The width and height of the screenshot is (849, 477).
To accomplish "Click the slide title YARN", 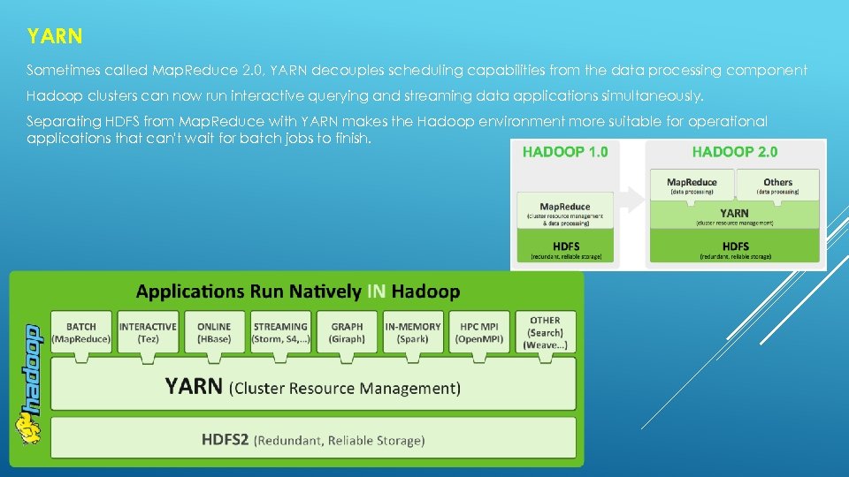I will click(55, 36).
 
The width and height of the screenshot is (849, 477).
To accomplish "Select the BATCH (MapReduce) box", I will click(81, 332).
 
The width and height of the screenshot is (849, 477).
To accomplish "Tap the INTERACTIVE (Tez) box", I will click(148, 332).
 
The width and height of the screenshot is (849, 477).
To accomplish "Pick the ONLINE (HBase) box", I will click(214, 332).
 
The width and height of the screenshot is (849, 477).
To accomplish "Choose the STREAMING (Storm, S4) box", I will click(280, 332).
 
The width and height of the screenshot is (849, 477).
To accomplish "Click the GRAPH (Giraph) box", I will click(347, 332).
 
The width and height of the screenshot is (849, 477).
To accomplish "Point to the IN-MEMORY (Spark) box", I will click(413, 332).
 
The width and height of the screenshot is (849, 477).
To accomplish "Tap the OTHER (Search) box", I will click(545, 332).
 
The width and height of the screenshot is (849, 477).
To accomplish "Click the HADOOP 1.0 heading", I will click(565, 152).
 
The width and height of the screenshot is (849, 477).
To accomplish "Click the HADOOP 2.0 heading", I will click(734, 152).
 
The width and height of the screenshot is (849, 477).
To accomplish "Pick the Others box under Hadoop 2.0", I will click(778, 185).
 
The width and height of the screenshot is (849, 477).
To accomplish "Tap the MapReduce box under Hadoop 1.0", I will click(565, 210).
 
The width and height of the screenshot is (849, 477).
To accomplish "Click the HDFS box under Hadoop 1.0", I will click(565, 249).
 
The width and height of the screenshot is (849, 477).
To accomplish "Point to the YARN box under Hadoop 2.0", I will click(734, 216).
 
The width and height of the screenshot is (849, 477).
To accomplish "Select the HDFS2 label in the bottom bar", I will click(226, 439).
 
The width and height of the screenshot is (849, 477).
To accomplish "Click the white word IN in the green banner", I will click(376, 291).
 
